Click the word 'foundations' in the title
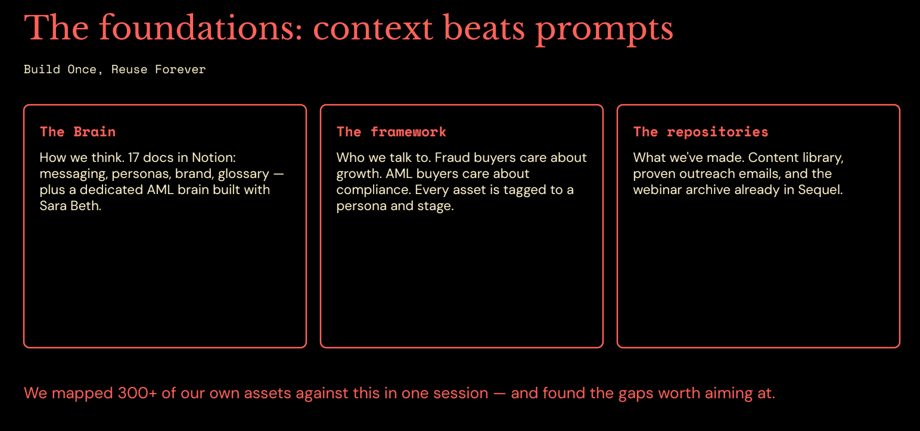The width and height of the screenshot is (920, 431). tap(201, 28)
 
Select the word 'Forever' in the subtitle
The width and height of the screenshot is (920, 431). tap(181, 70)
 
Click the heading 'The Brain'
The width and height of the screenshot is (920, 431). tap(77, 132)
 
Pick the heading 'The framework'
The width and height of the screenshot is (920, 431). tap(391, 132)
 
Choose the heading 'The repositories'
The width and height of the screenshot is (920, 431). tap(700, 132)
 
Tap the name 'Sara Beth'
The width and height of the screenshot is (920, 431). tap(70, 205)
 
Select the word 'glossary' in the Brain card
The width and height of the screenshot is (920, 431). tap(244, 174)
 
